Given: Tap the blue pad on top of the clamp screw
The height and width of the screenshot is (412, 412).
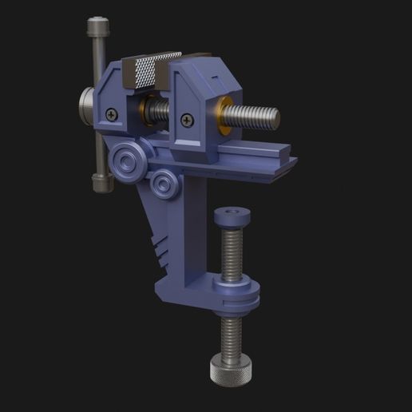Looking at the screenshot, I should point(232,215).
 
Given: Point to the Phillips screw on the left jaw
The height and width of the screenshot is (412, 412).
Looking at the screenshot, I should point(110,114).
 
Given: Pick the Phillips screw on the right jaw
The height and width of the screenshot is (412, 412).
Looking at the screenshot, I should point(187,121).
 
